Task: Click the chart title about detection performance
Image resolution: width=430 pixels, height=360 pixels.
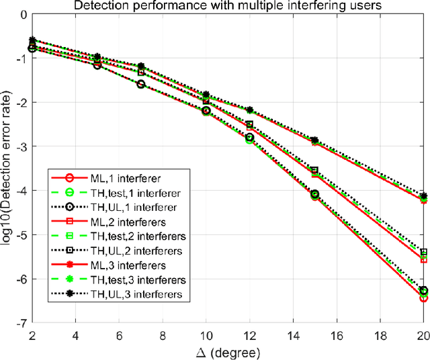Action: [x=228, y=6]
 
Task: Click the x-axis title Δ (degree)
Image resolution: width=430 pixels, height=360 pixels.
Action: [x=228, y=353]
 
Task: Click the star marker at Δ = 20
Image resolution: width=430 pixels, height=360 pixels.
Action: [x=423, y=196]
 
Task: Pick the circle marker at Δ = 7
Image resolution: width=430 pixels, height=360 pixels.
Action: [x=141, y=85]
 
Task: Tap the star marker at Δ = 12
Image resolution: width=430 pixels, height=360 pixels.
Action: [x=250, y=109]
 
